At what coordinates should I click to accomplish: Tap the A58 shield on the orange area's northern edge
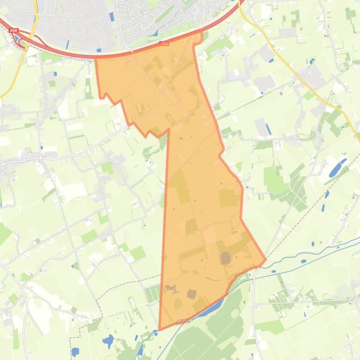click(163, 44)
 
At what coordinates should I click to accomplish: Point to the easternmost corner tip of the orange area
click(265, 259)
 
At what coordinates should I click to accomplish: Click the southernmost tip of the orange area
click(160, 329)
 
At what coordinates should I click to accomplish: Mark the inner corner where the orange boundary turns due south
click(168, 131)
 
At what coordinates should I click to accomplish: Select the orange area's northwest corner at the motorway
click(96, 58)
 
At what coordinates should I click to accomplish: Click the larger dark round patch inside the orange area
click(226, 258)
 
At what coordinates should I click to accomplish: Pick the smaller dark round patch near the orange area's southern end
click(191, 294)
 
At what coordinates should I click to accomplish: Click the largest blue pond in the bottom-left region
click(108, 341)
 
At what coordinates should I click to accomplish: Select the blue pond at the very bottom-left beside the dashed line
click(75, 351)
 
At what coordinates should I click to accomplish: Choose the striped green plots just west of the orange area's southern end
click(152, 294)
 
